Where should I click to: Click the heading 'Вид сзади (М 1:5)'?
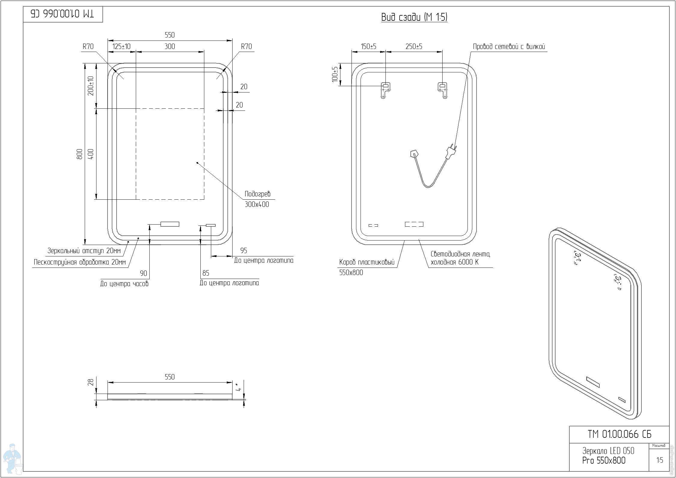414,17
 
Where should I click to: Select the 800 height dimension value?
80,154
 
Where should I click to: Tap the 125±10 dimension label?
121,46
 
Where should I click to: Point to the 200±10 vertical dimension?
91,86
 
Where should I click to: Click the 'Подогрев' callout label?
257,194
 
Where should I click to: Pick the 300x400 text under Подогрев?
257,204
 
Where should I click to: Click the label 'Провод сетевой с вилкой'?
509,47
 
